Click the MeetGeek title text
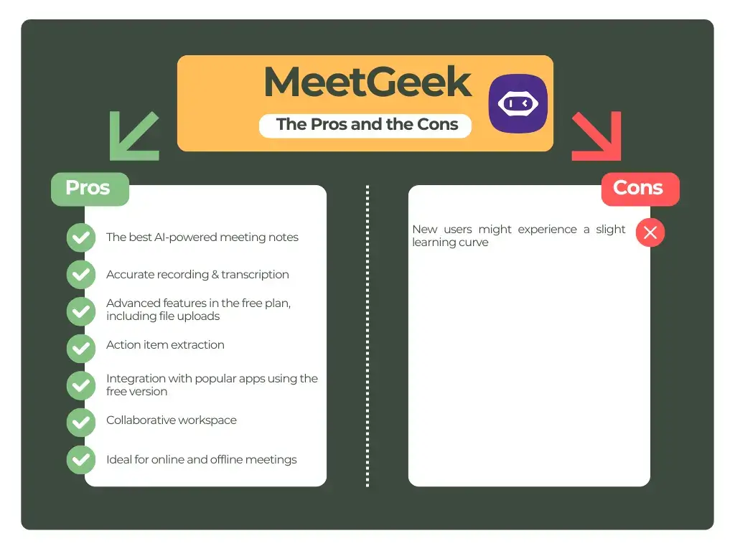[x=367, y=83]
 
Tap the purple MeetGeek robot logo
[x=518, y=103]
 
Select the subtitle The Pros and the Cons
[x=367, y=124]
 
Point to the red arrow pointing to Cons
[x=596, y=136]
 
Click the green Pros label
[x=89, y=188]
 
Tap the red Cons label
[x=639, y=189]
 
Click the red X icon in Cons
[x=650, y=232]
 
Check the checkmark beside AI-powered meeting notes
[x=81, y=237]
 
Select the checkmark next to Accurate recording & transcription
[x=81, y=275]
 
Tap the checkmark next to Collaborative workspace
[x=81, y=423]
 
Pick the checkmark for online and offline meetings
[x=81, y=460]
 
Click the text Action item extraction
[x=165, y=345]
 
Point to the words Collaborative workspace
[x=171, y=420]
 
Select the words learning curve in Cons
[x=450, y=242]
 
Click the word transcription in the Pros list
[x=255, y=275]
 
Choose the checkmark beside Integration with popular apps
[x=81, y=385]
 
